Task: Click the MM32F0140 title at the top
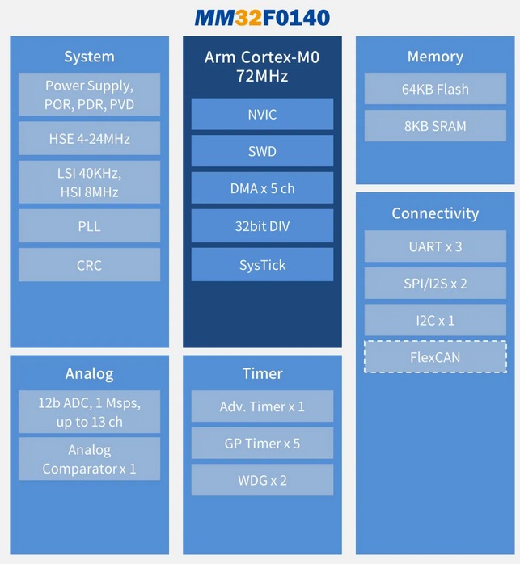point(261,17)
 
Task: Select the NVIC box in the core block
point(262,114)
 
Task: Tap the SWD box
point(262,151)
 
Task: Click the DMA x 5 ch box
point(262,188)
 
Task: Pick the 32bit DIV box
point(262,226)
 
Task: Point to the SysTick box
point(262,264)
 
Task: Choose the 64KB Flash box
point(435,89)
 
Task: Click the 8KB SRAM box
point(435,126)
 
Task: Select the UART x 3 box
point(435,246)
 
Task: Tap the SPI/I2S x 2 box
point(435,284)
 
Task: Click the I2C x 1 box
point(435,320)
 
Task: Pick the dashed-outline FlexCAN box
point(435,356)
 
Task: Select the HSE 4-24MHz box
point(89,139)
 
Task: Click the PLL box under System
point(89,226)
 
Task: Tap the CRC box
point(89,264)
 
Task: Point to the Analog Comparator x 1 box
point(89,459)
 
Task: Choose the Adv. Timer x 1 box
point(262,406)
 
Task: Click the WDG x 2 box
point(262,480)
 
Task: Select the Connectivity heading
point(435,213)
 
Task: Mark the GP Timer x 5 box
point(262,444)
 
